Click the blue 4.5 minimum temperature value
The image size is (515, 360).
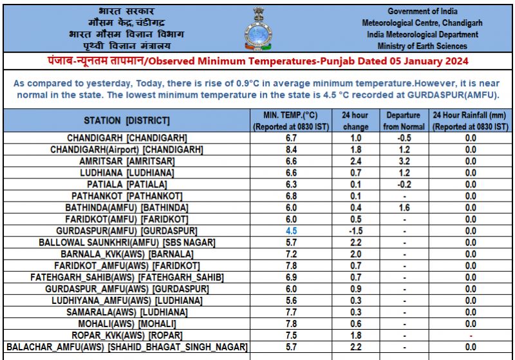[x=292, y=230]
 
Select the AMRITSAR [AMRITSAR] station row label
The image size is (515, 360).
[x=127, y=160]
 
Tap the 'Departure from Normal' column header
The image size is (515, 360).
[x=404, y=120]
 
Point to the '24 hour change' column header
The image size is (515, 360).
[x=355, y=120]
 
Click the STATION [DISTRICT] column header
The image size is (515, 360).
[x=127, y=120]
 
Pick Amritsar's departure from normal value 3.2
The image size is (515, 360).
[x=404, y=160]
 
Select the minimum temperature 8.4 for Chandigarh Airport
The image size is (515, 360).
[x=292, y=149]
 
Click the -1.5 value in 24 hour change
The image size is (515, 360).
[x=355, y=230]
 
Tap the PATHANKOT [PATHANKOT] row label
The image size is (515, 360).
[x=127, y=195]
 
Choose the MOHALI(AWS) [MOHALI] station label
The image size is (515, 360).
[x=127, y=323]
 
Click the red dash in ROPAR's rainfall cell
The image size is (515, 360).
[x=471, y=336]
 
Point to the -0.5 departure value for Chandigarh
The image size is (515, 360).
[x=404, y=138]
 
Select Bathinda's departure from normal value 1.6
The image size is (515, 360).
[x=404, y=207]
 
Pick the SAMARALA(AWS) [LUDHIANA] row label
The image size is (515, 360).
[x=127, y=312]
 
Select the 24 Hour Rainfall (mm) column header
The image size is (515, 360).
[x=471, y=120]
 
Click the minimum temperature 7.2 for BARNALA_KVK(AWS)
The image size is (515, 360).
[x=292, y=254]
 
